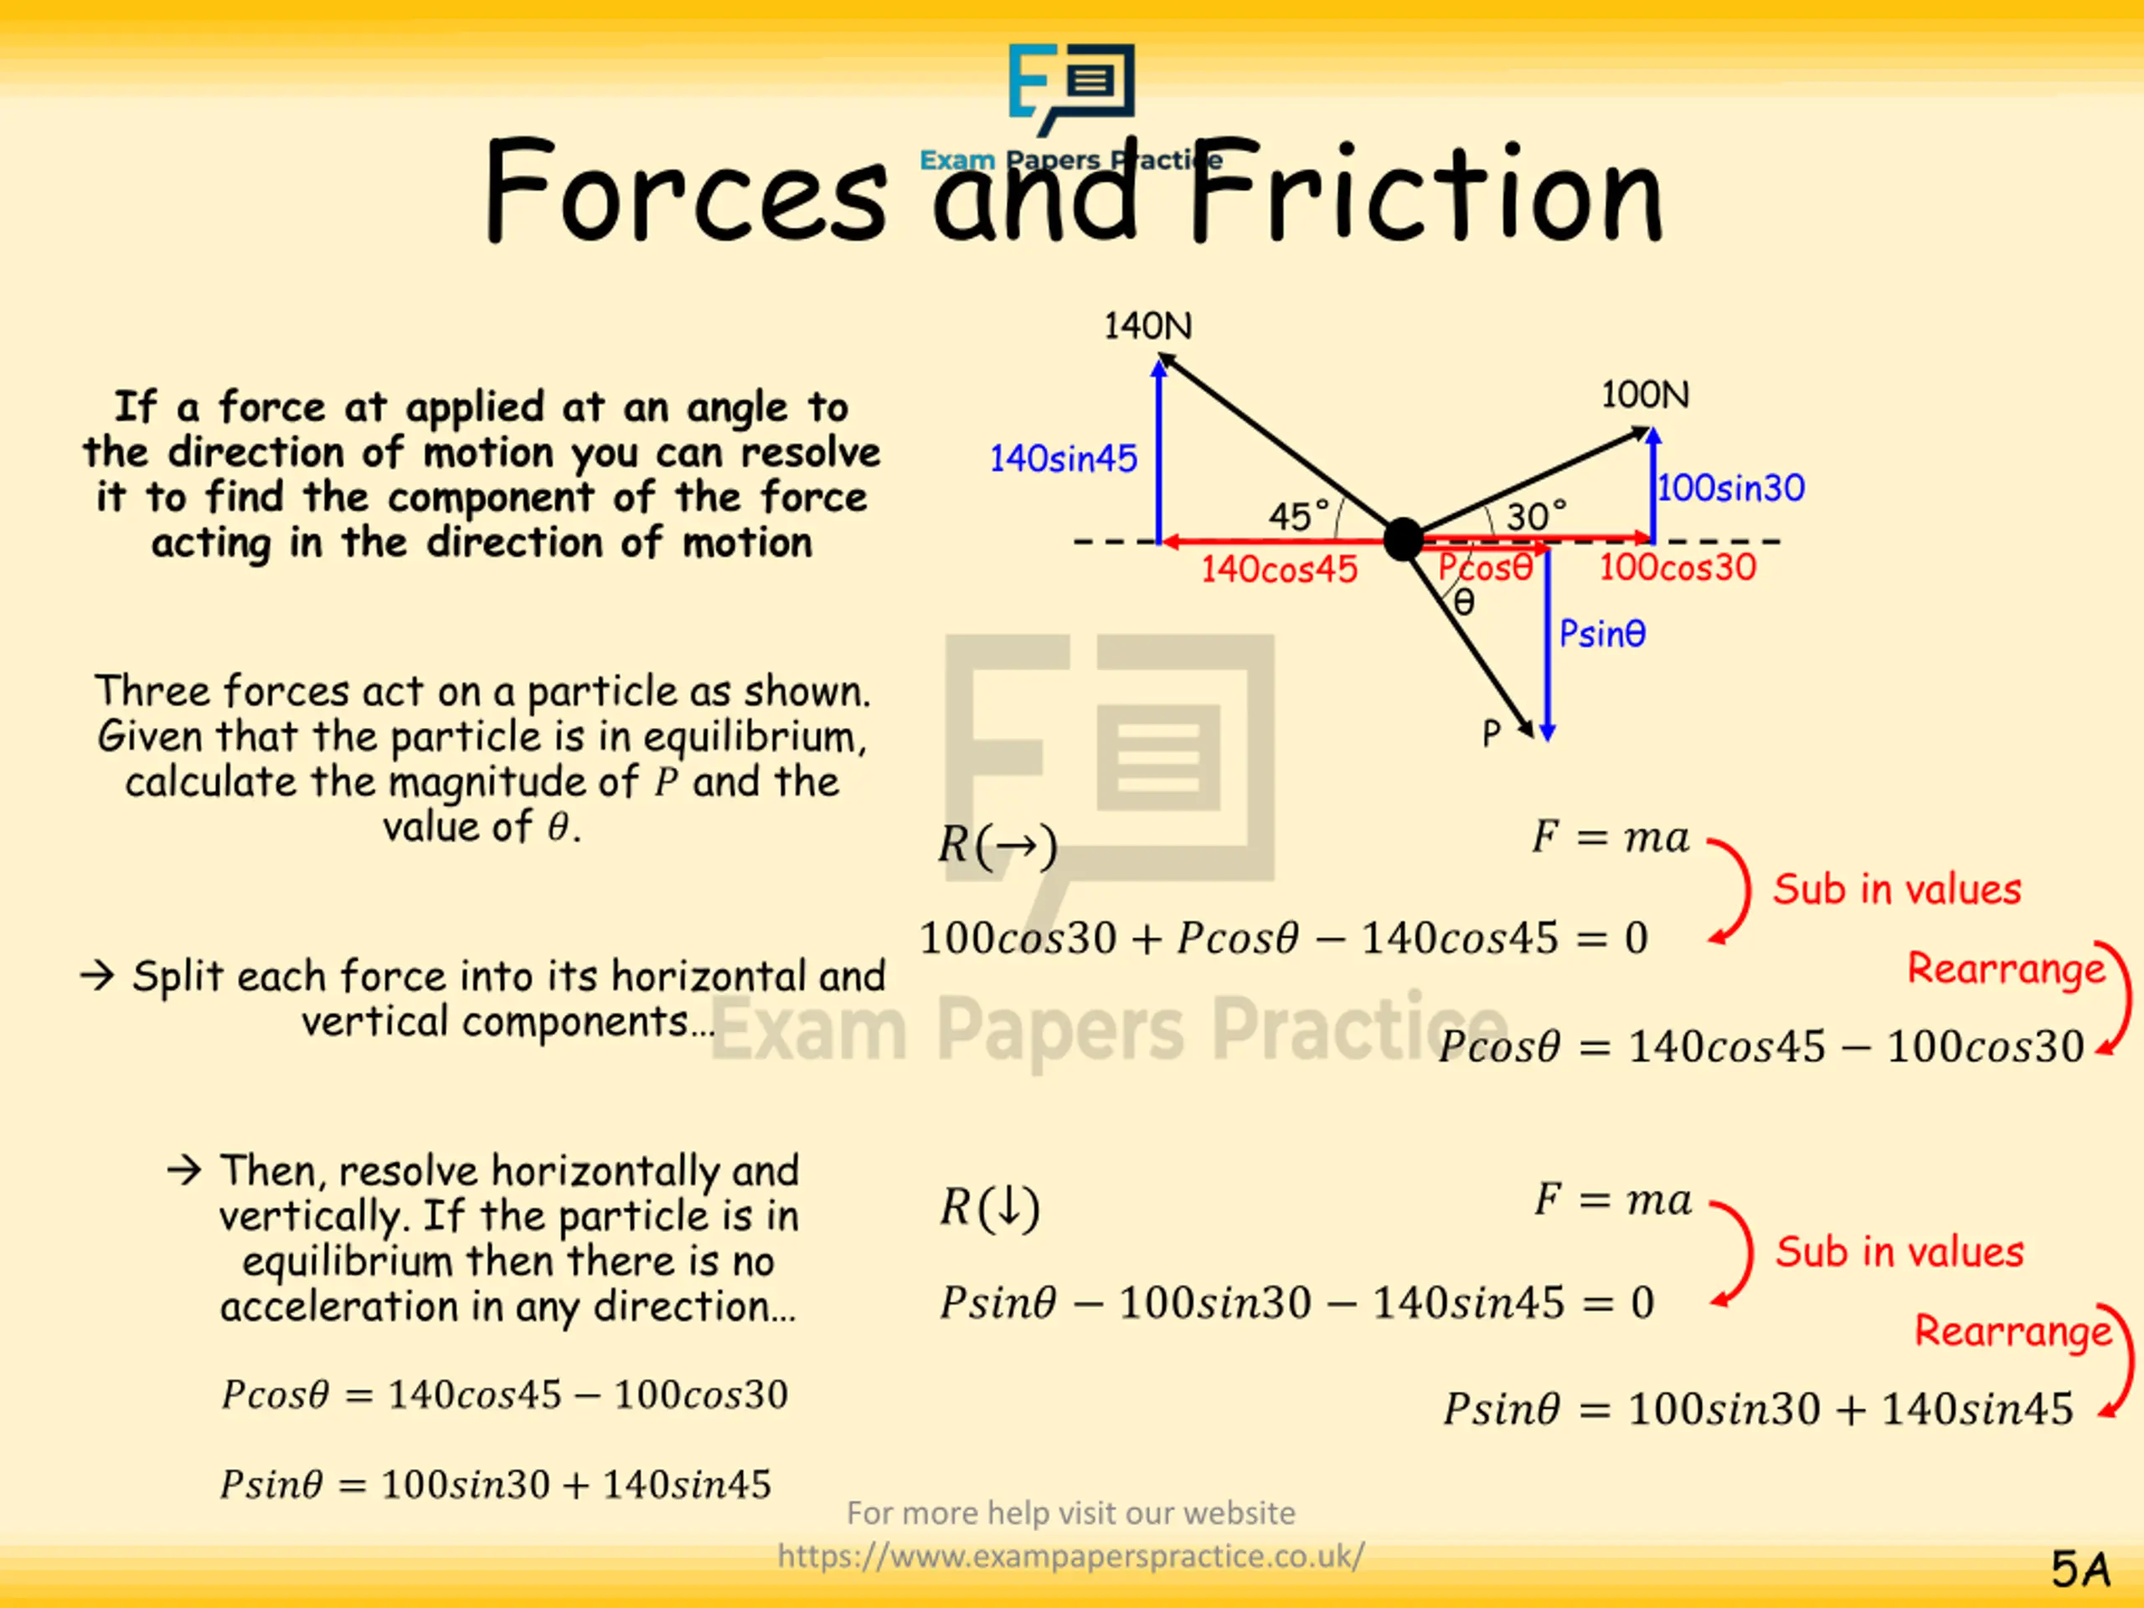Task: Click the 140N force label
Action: click(x=1147, y=327)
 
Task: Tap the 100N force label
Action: click(x=1645, y=395)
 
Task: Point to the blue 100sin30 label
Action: click(x=1730, y=487)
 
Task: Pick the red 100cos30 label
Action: click(x=1677, y=568)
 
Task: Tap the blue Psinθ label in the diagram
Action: click(x=1601, y=634)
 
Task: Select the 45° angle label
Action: click(x=1298, y=517)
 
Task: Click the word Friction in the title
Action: click(x=1425, y=193)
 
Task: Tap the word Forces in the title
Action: click(x=684, y=193)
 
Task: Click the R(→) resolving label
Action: click(x=997, y=846)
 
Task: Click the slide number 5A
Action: click(x=2080, y=1569)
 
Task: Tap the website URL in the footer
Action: click(x=1070, y=1557)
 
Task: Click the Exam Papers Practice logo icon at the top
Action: click(x=1071, y=87)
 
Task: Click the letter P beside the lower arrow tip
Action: click(x=1491, y=734)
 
